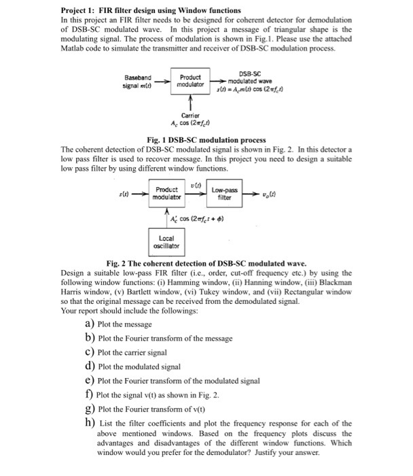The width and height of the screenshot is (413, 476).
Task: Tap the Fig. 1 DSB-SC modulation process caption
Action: point(206,139)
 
